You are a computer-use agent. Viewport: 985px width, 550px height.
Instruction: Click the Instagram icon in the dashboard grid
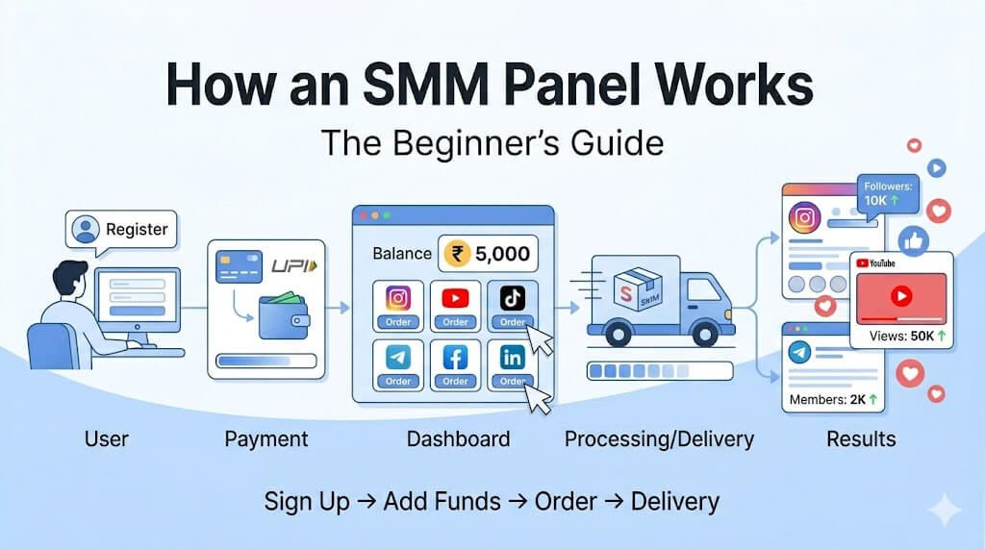(397, 298)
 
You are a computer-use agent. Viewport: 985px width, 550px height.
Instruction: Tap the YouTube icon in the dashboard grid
(455, 298)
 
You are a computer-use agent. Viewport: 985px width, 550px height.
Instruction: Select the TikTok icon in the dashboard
(513, 298)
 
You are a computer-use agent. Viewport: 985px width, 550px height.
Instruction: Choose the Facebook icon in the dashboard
(455, 358)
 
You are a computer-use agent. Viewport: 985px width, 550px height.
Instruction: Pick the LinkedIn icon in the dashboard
(513, 358)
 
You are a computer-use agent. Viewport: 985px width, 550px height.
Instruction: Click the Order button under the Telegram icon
(397, 381)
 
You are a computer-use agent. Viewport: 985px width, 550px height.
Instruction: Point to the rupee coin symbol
(457, 254)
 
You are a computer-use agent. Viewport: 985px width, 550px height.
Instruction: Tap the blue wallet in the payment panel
(284, 315)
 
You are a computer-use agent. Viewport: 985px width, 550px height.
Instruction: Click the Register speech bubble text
(137, 229)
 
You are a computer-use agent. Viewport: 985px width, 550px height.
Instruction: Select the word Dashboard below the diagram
(458, 438)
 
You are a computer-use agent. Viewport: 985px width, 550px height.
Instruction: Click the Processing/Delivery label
(659, 438)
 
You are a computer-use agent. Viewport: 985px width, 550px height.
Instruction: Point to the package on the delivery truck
(638, 288)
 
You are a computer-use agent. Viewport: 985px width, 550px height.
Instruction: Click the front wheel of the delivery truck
(704, 335)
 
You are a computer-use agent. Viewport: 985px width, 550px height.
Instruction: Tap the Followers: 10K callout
(888, 194)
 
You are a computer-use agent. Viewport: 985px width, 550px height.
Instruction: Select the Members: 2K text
(833, 399)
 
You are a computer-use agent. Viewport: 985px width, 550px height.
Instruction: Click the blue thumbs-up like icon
(914, 240)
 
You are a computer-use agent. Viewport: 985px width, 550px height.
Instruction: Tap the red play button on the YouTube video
(901, 296)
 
